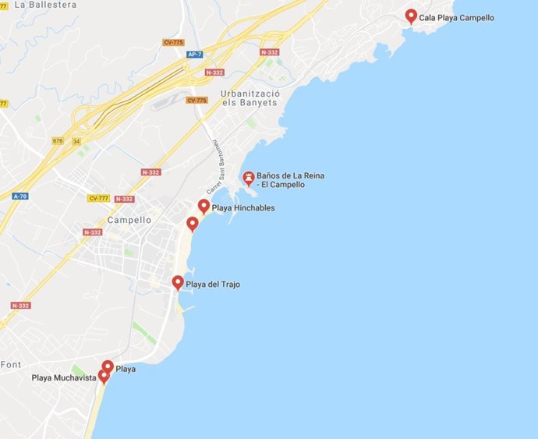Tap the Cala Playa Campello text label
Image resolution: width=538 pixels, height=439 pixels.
456,18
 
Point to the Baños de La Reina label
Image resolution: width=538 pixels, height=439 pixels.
291,180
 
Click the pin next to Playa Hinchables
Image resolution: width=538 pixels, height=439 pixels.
204,207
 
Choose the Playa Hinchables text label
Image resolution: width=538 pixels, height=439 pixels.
243,208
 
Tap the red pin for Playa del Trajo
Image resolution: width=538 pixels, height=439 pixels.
178,282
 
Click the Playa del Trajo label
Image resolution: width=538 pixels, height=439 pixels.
213,285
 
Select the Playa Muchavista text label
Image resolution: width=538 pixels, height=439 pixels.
64,378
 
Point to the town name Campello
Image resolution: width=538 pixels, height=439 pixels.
129,220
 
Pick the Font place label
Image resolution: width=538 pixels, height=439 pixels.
11,364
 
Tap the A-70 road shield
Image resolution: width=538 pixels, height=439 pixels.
19,196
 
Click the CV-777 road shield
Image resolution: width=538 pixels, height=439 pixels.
98,199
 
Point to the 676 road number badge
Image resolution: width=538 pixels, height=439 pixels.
57,140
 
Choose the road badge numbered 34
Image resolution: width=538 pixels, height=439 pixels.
77,140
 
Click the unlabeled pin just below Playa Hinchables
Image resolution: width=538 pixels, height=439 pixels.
193,225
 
